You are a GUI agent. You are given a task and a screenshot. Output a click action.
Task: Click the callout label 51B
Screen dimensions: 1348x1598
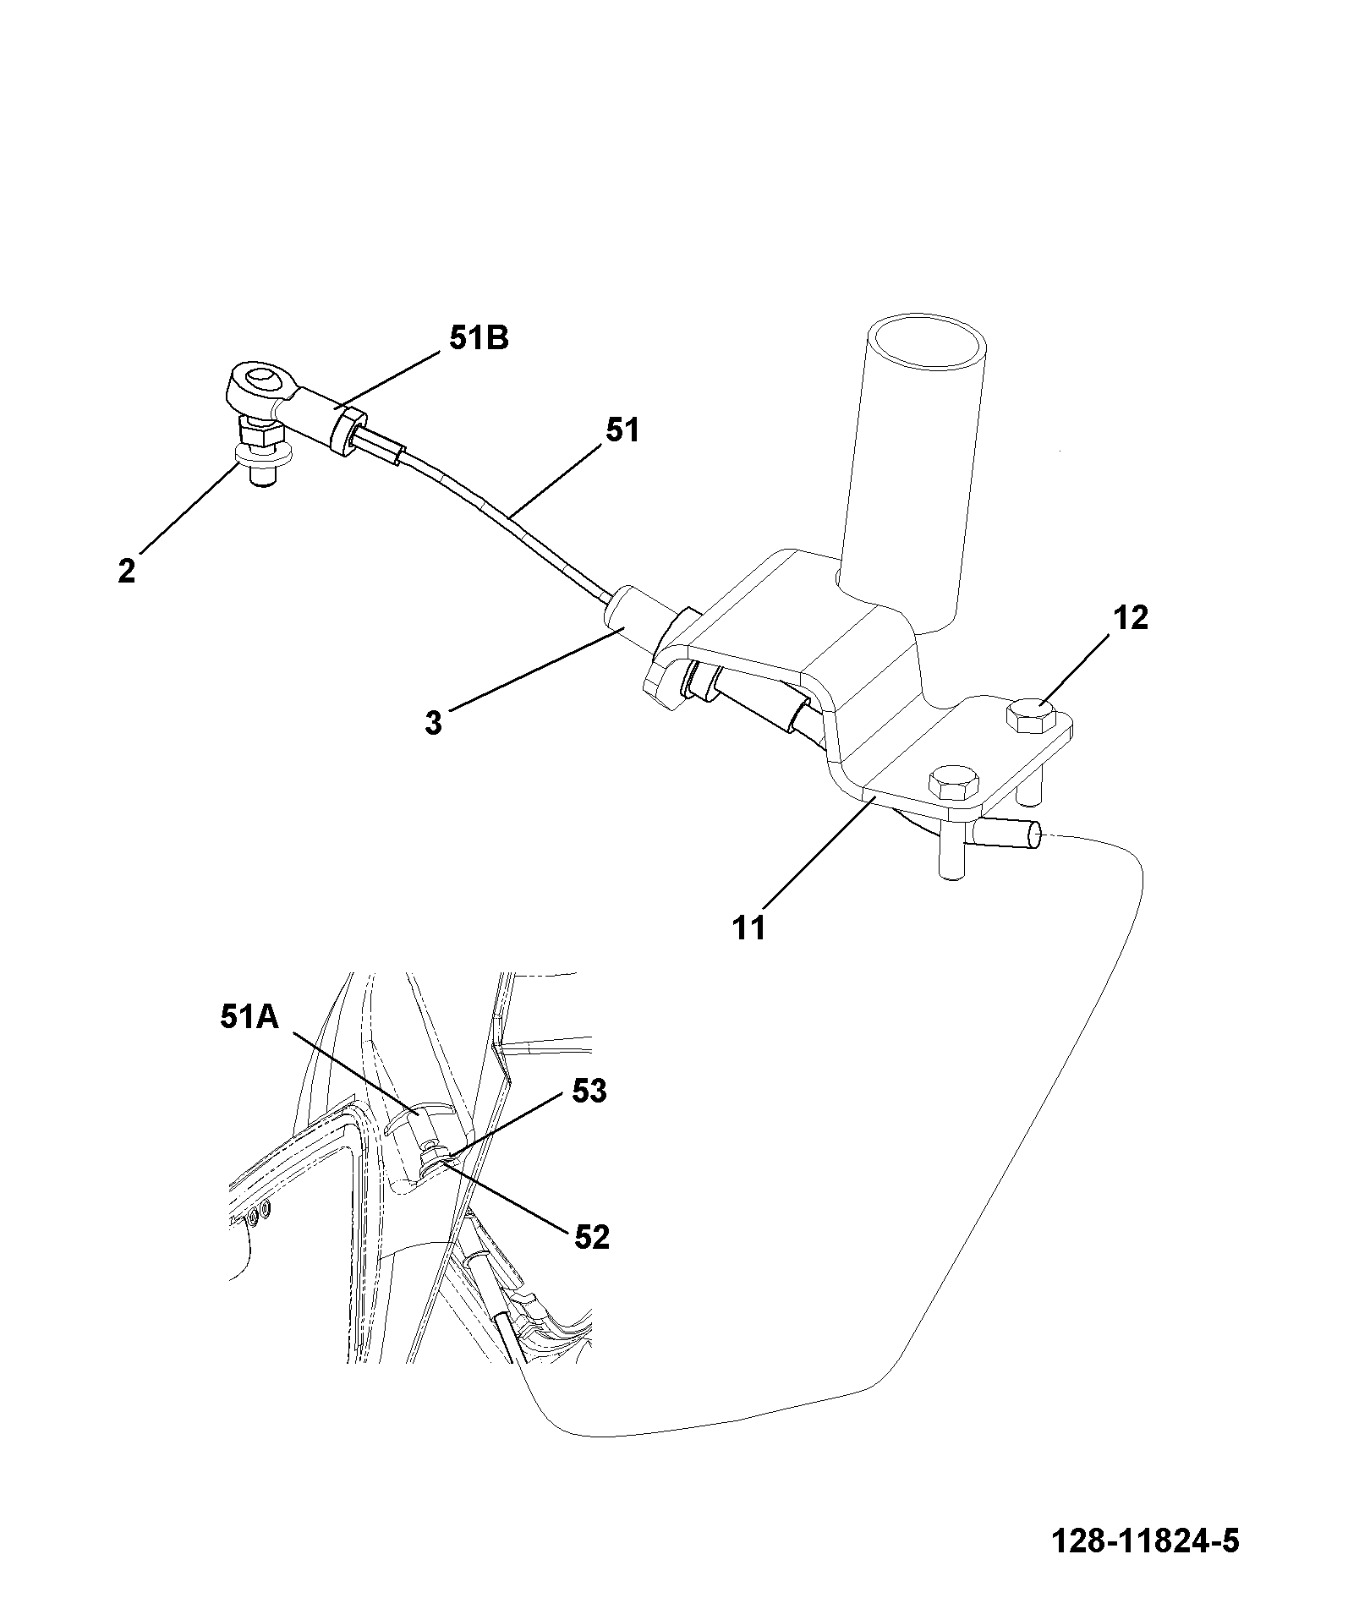pos(479,339)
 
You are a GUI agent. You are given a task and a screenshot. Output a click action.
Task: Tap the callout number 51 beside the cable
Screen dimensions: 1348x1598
pos(622,431)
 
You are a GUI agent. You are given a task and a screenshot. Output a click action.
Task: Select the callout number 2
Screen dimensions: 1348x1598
pos(126,571)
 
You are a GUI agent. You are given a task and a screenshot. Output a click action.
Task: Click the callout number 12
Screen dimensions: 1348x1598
pos(1132,618)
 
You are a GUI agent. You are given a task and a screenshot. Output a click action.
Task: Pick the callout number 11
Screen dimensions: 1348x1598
pos(750,928)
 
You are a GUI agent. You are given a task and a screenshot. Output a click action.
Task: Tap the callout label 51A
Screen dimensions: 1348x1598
pos(250,1018)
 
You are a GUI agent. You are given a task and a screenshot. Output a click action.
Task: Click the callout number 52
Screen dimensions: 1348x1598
pos(591,1238)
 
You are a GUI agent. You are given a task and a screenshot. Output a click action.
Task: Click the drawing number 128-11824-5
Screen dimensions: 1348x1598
pos(1146,1541)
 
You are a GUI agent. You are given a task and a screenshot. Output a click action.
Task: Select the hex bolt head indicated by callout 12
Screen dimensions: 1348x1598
pos(1031,718)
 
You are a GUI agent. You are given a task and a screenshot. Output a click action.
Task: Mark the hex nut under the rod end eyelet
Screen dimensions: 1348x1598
pos(261,435)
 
